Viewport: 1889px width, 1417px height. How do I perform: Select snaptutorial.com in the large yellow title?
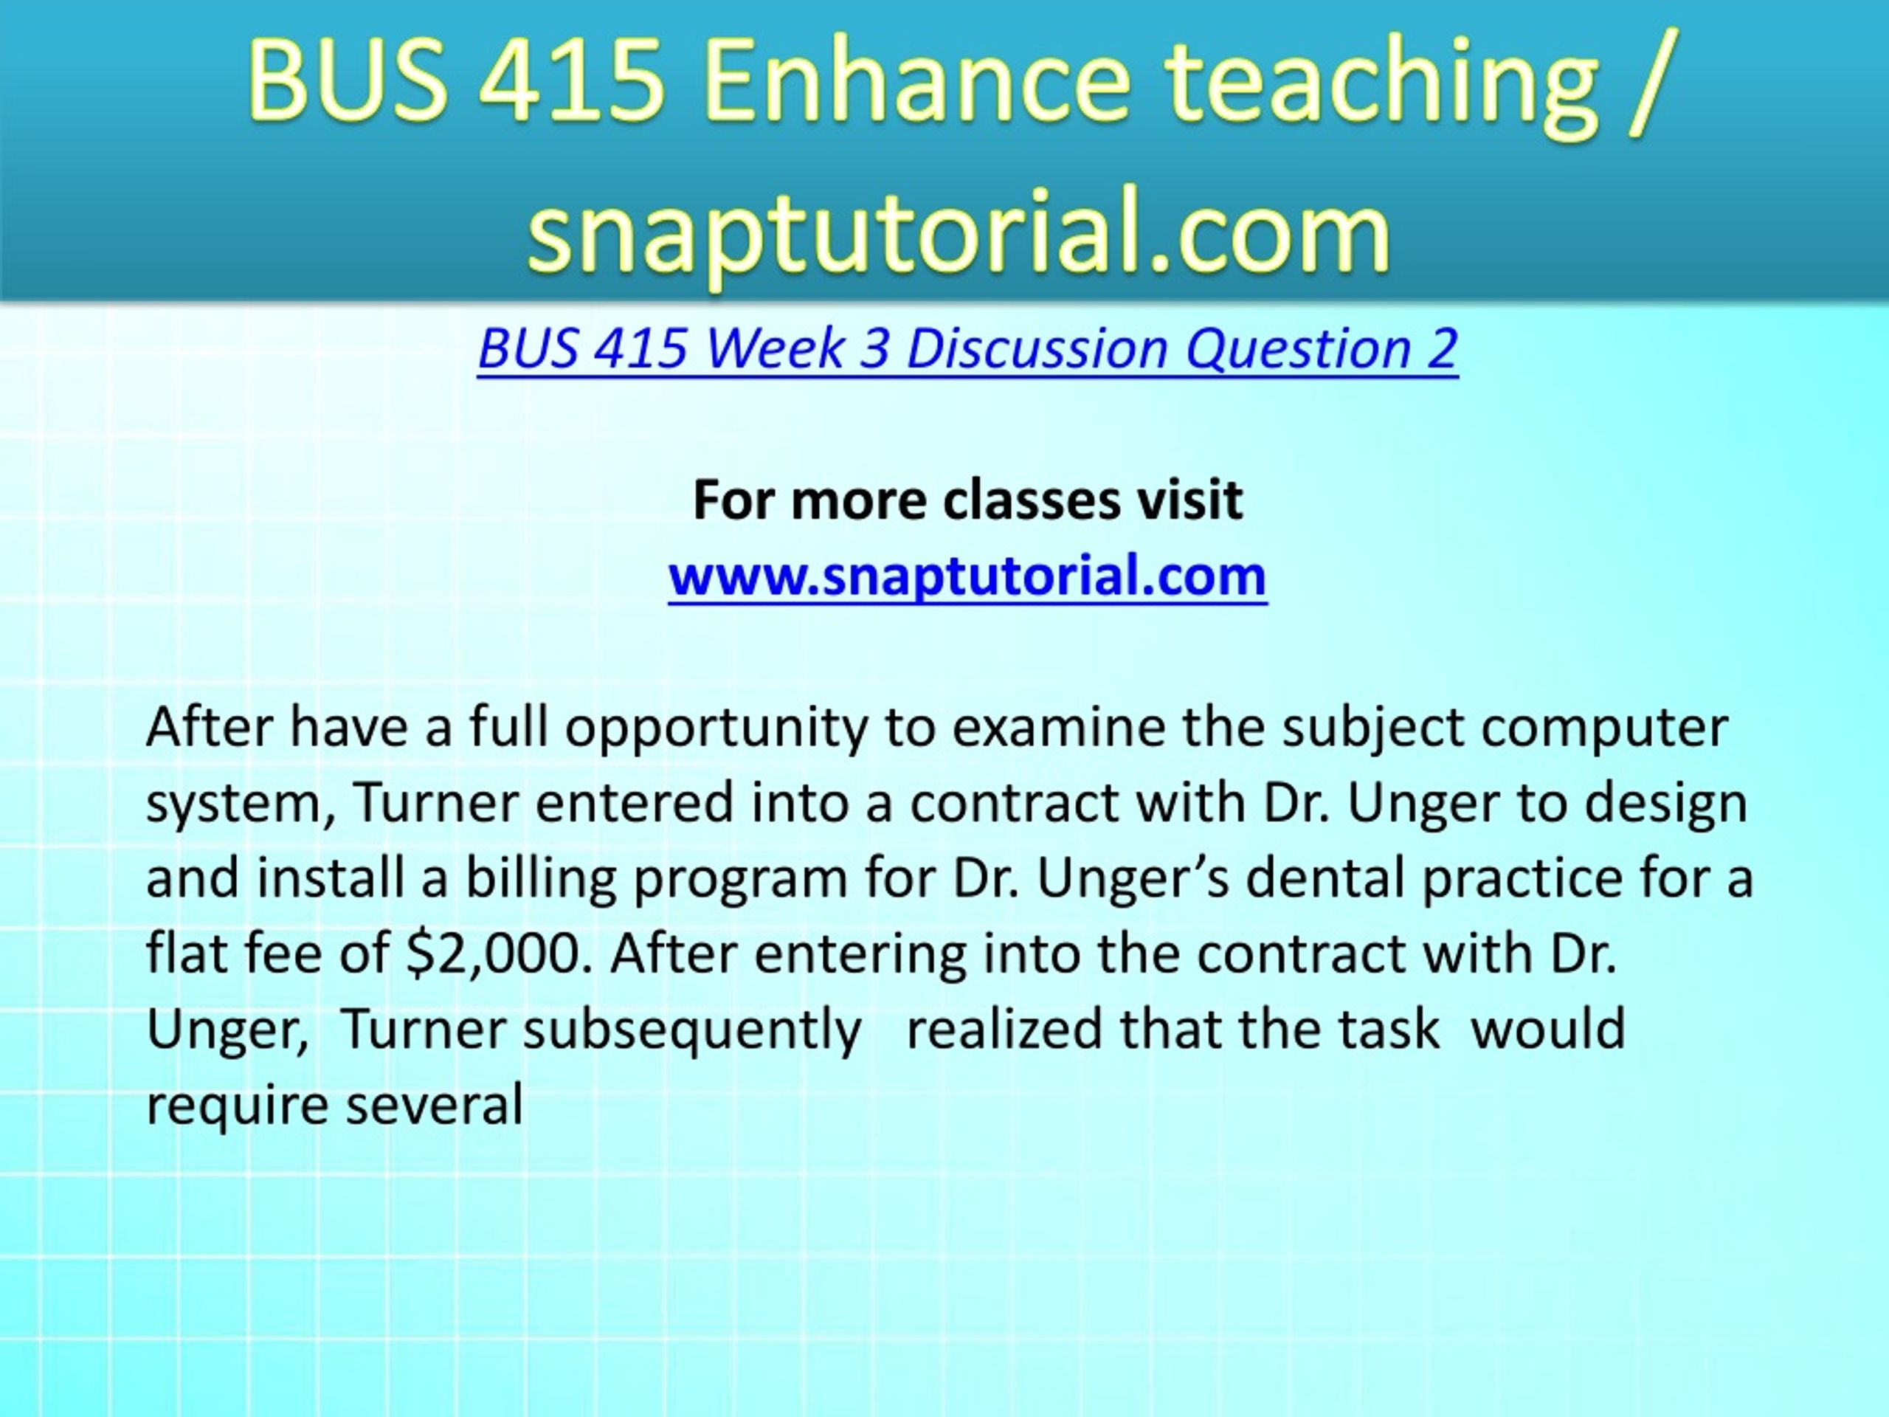coord(960,230)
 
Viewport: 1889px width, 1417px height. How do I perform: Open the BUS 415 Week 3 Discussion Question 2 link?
coord(967,349)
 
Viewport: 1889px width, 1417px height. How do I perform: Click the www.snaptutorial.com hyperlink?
coord(967,576)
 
